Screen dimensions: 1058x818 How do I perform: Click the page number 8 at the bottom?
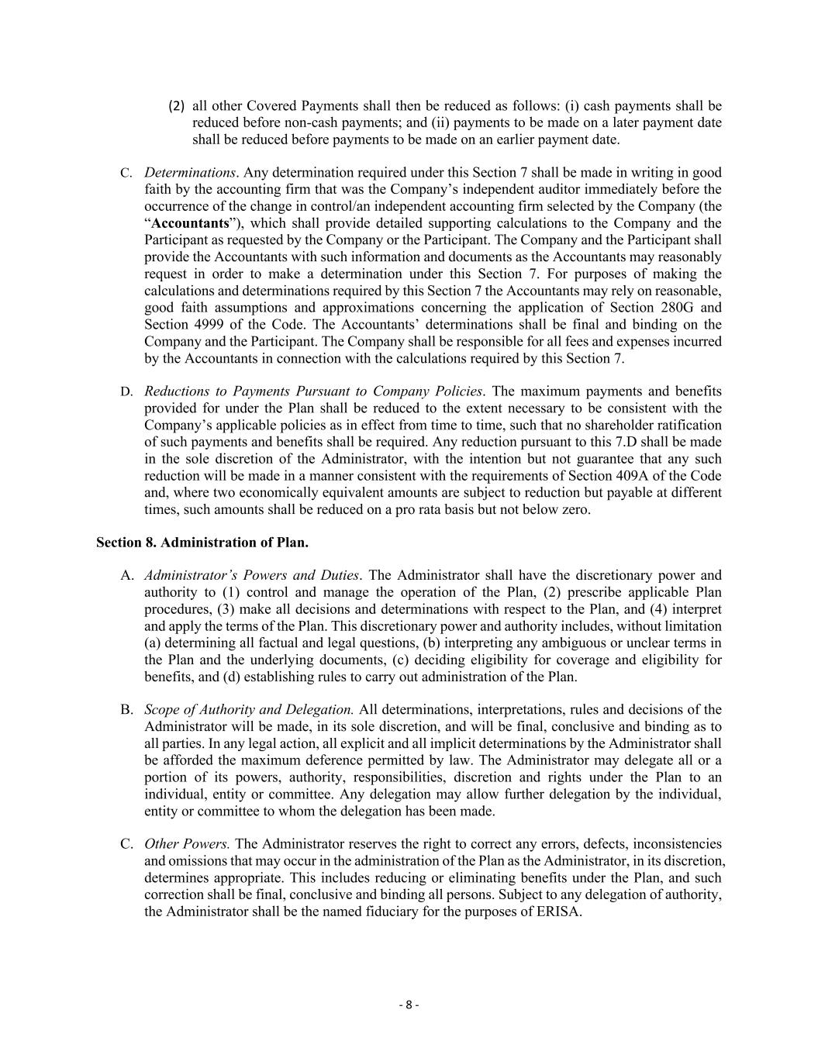tap(409, 1005)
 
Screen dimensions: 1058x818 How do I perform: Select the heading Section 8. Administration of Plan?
tap(202, 543)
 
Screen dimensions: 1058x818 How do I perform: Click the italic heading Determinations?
tap(189, 172)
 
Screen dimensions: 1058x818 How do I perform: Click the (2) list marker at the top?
tap(177, 105)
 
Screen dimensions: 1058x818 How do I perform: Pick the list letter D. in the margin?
tap(126, 391)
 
